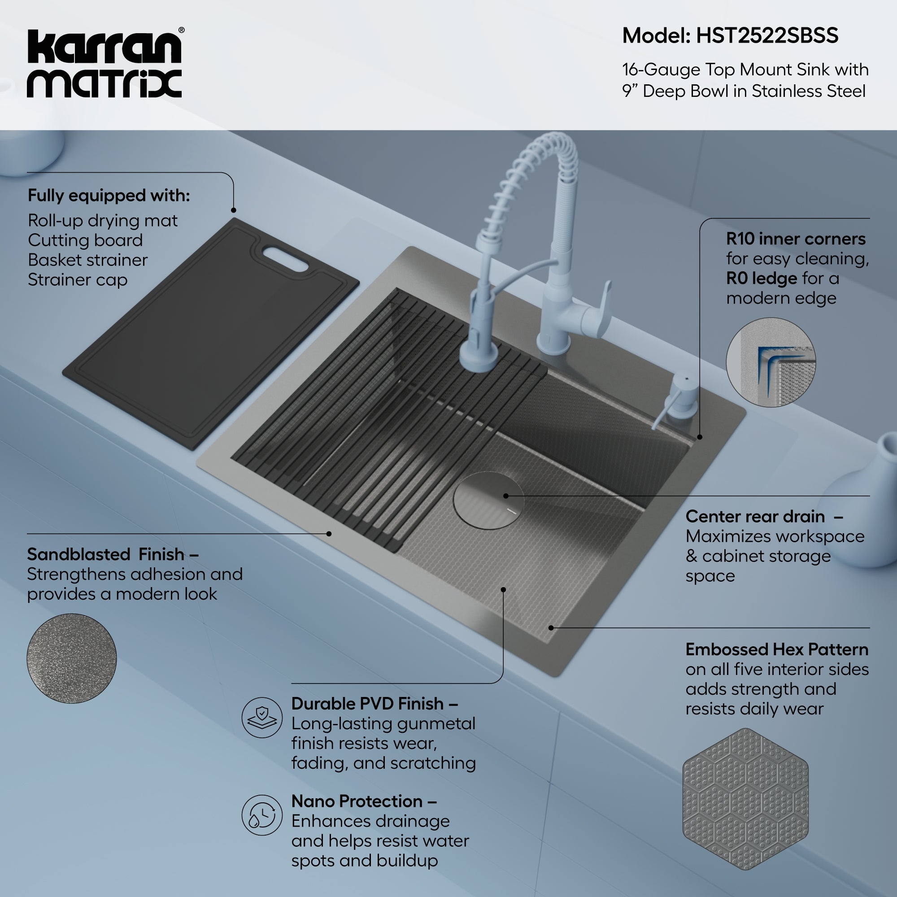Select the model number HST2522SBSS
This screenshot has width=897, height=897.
coord(767,36)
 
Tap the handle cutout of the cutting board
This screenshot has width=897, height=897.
coord(285,259)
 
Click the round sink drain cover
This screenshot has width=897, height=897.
coord(488,500)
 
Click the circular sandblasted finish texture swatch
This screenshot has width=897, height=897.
coord(71,658)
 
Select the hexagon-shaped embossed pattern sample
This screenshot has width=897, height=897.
coord(745,798)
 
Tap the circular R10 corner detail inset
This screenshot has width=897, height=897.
coord(770,362)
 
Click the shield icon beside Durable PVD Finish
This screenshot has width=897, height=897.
coord(262,717)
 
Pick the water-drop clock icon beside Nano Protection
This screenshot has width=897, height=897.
coord(262,815)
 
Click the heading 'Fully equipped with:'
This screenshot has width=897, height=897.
coord(109,196)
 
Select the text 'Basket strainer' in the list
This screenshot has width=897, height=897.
coord(87,260)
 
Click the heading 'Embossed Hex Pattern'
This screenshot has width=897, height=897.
coord(776,649)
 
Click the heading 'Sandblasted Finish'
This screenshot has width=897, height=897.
coord(106,554)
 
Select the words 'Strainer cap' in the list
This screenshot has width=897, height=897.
coord(77,280)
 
